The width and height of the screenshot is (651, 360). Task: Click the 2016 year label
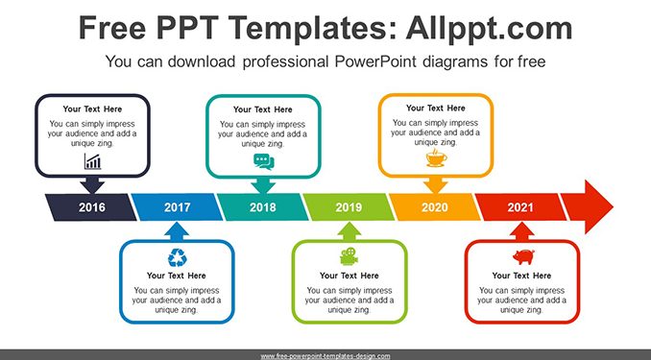92,207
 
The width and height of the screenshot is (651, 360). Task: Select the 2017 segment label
178,207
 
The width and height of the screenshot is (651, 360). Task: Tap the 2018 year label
263,207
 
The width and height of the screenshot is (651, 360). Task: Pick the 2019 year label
349,207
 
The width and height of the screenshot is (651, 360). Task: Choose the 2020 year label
435,207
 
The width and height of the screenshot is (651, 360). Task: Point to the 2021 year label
520,207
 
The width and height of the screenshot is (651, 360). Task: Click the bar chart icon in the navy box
92,161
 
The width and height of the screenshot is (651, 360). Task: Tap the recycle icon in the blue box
178,257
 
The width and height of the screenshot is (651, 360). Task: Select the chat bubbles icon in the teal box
264,161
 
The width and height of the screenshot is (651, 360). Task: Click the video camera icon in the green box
350,256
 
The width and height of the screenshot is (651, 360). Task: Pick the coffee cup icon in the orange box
436,157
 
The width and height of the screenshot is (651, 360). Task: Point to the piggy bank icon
523,256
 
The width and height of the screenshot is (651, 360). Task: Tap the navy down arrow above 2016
92,185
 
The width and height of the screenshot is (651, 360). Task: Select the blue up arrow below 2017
177,230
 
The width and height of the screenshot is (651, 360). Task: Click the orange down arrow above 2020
436,185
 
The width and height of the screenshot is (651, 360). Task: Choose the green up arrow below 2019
350,230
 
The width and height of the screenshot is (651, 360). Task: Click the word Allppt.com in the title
489,28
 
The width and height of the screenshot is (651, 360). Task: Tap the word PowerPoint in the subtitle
375,61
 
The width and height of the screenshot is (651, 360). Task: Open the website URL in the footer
325,356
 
